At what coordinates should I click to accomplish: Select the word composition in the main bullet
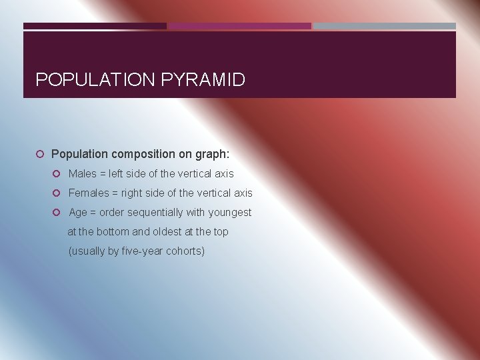(x=143, y=154)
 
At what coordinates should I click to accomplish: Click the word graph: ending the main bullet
(x=212, y=154)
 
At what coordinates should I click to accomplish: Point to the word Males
(x=83, y=173)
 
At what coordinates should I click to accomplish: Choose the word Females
(x=88, y=193)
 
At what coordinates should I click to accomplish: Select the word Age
(x=78, y=212)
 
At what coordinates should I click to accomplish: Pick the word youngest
(x=229, y=212)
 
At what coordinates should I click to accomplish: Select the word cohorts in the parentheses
(x=185, y=251)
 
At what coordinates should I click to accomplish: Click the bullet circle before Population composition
(x=40, y=155)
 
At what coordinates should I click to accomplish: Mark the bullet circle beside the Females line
(x=57, y=193)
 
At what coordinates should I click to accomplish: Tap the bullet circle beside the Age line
(x=57, y=213)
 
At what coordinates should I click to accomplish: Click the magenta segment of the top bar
(x=240, y=26)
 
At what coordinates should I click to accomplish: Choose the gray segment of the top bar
(x=385, y=26)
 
